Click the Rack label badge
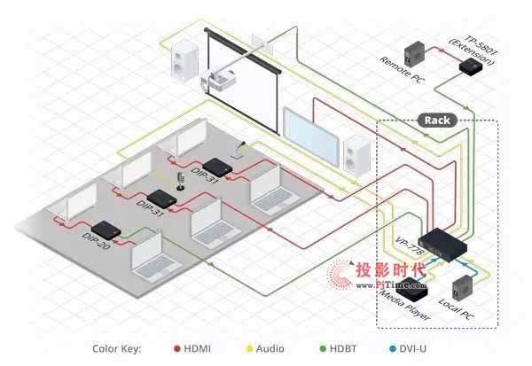click(x=437, y=120)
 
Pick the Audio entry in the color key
click(x=265, y=348)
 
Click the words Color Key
click(x=117, y=348)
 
